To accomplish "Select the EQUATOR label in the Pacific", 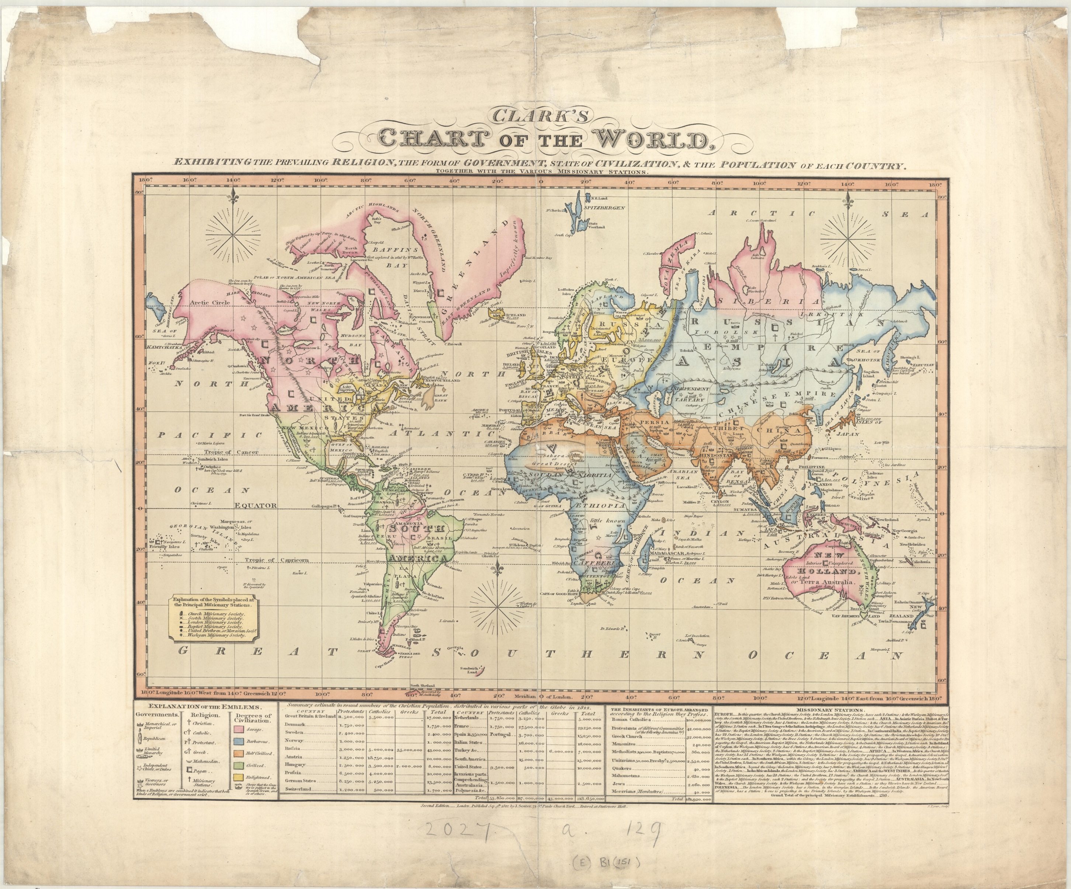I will point(256,506).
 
